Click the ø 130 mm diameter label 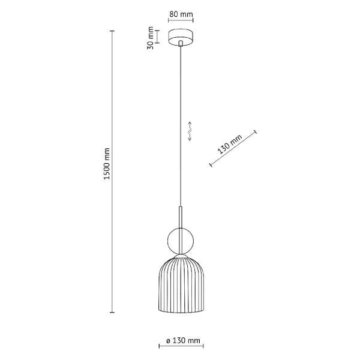[x=182, y=342]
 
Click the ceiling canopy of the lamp [x=182, y=37]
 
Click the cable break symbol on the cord [x=190, y=127]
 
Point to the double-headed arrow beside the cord [x=190, y=136]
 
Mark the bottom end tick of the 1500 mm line [x=112, y=312]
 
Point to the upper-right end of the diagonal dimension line [x=256, y=131]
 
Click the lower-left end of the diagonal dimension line [x=210, y=164]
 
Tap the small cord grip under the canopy [x=182, y=45]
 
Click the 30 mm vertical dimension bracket [x=158, y=37]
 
